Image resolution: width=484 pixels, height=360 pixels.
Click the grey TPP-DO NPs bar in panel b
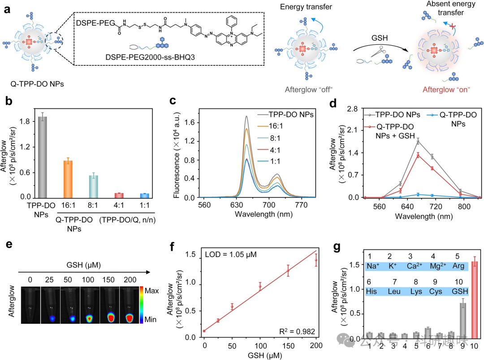(42, 157)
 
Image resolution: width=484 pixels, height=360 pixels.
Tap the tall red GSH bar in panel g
(473, 300)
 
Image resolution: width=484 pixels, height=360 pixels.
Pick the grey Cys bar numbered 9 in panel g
(462, 321)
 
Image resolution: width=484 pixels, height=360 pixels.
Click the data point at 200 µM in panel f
(315, 260)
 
